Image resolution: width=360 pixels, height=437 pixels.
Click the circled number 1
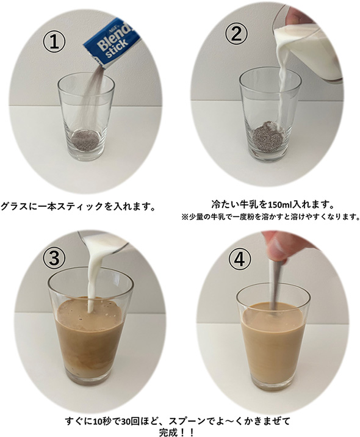[x=54, y=42]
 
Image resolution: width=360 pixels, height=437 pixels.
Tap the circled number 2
[x=236, y=35]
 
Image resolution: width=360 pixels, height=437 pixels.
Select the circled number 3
[x=54, y=257]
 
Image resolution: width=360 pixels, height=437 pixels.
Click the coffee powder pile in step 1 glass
[x=85, y=140]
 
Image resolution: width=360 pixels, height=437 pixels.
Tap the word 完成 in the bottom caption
[x=168, y=432]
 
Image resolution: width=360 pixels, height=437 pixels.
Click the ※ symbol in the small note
[x=185, y=217]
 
